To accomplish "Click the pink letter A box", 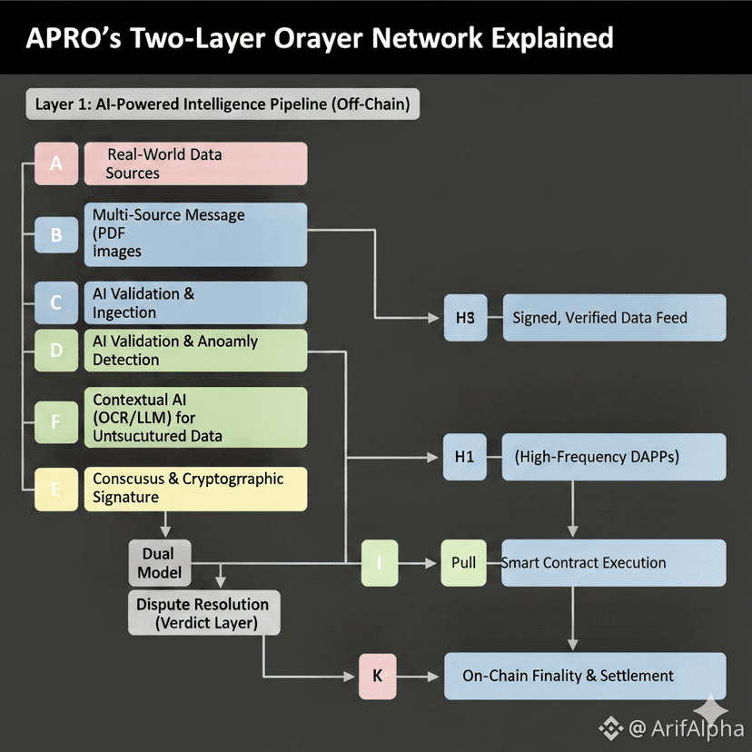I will [56, 164].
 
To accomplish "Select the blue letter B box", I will [56, 235].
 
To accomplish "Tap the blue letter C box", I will [56, 303].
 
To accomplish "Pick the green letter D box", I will [56, 351].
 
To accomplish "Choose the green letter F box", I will [56, 421].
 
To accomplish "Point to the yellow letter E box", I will [56, 489].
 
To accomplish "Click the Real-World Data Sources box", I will [195, 164].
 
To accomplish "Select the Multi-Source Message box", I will [195, 233].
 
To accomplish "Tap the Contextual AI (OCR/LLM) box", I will [195, 416].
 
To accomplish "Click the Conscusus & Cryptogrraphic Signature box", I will [195, 488].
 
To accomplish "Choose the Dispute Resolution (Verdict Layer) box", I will [203, 613].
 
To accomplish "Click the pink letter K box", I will [378, 677].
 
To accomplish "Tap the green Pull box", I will [464, 563].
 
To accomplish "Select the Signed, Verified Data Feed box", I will [614, 318].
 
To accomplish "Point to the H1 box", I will [465, 457].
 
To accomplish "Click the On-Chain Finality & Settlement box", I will [584, 677].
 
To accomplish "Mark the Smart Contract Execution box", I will [614, 563].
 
